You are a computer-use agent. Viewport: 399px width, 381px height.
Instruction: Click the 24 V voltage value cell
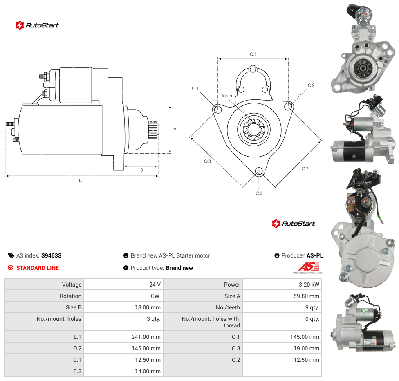(155, 285)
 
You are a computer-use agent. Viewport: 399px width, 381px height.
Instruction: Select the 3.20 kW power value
(309, 285)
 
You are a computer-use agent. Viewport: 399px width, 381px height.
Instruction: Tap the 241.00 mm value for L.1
(146, 337)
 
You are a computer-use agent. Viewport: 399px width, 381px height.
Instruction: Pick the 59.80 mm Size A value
(306, 296)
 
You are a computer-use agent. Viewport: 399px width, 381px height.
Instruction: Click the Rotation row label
(70, 296)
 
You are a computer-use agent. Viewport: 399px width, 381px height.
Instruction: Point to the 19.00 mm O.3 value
(306, 348)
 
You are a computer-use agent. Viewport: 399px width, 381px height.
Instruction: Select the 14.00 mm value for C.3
(148, 371)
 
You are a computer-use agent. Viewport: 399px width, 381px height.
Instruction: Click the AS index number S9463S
(52, 255)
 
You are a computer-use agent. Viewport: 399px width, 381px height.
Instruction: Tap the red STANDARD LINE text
(38, 268)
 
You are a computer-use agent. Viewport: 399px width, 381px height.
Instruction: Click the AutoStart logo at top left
(37, 25)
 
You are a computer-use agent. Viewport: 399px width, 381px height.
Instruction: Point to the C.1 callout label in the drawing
(195, 88)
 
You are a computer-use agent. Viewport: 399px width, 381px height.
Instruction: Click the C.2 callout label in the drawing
(311, 85)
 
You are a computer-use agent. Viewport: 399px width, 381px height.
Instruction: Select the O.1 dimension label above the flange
(253, 54)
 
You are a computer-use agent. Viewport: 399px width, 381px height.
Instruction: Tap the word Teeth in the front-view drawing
(226, 96)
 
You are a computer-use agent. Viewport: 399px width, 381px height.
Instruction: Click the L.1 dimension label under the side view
(81, 180)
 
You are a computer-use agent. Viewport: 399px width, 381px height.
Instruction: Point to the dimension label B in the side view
(141, 170)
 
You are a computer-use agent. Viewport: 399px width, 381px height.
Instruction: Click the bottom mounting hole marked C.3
(259, 171)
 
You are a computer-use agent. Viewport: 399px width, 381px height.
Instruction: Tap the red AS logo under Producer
(309, 266)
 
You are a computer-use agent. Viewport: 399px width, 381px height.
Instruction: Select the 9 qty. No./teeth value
(312, 307)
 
